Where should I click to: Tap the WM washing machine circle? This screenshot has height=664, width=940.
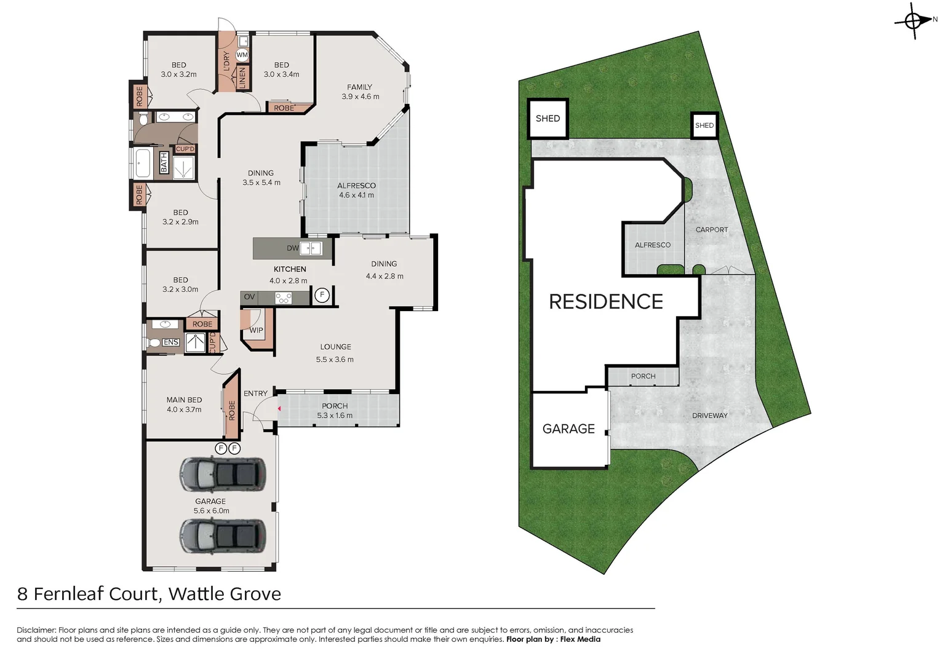pos(242,55)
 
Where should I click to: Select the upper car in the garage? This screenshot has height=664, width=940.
pos(222,474)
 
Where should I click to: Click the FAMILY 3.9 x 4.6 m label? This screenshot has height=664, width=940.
pos(360,92)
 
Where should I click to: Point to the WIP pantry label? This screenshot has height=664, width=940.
pos(256,330)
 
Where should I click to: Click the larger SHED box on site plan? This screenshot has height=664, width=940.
pos(548,119)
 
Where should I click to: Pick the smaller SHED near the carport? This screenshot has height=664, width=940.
pos(704,125)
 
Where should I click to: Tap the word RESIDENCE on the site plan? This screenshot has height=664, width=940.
pos(605,302)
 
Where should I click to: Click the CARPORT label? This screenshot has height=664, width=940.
pos(711,230)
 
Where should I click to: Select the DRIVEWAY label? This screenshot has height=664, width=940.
pos(709,416)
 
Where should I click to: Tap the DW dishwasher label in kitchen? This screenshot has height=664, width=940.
pos(292,248)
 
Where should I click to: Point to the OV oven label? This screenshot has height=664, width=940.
pos(249,297)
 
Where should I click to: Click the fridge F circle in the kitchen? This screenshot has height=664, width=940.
pos(321,296)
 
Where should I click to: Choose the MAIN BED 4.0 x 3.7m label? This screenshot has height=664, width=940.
pos(184,405)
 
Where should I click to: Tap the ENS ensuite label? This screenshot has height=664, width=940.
pos(170,342)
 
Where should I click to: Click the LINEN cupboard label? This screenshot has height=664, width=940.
pos(242,78)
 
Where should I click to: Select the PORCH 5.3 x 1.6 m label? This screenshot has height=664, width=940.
pos(335,411)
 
